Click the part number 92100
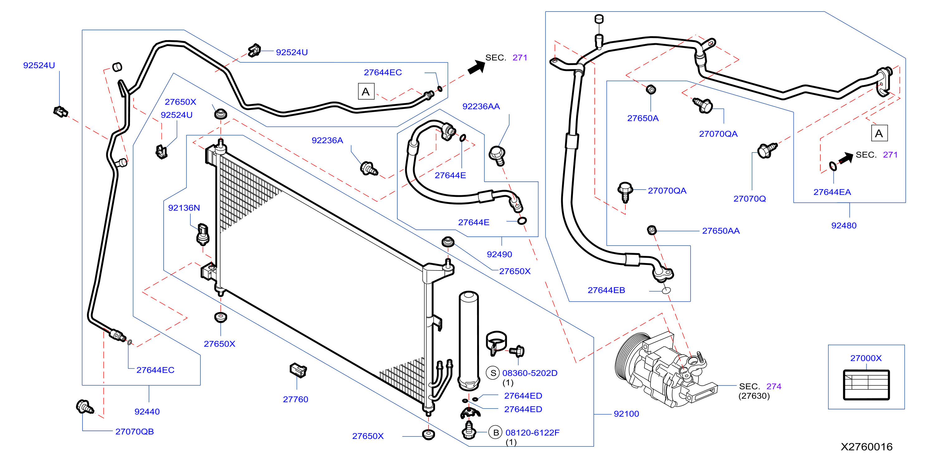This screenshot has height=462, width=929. click(626, 414)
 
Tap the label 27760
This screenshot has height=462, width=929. click(295, 399)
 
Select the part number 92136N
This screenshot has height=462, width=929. click(184, 208)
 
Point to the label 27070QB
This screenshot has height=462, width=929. click(135, 431)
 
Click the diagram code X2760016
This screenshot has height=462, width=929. click(867, 447)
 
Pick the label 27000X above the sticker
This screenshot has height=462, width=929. click(866, 358)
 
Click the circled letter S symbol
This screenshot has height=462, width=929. click(493, 373)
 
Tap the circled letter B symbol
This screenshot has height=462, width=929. click(496, 432)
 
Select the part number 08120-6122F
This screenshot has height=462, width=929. click(532, 432)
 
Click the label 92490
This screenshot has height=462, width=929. click(500, 254)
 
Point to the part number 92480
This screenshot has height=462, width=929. click(844, 226)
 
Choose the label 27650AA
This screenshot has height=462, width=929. click(721, 231)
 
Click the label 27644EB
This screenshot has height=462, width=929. click(606, 290)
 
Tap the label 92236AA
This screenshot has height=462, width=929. click(481, 106)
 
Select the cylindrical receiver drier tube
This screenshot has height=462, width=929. click(469, 341)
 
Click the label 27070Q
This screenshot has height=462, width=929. click(749, 199)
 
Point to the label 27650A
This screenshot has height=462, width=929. click(643, 118)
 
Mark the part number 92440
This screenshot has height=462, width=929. click(147, 412)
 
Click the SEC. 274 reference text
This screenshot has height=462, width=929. click(760, 386)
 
